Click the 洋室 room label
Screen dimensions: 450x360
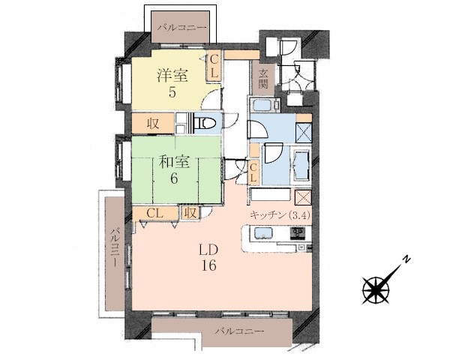[x=172, y=76]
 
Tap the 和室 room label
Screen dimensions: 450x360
[x=175, y=163]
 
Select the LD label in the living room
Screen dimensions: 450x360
[x=209, y=250]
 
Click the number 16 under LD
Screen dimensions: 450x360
[x=208, y=265]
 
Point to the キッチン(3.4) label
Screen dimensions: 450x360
[x=280, y=215]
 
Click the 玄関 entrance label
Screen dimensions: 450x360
[x=263, y=79]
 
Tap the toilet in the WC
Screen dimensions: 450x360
[x=205, y=124]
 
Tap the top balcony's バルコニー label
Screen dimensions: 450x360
[x=182, y=28]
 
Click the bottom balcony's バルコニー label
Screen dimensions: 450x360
[x=239, y=331]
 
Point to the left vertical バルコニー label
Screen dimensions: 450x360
[x=115, y=247]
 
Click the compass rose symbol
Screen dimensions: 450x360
[x=376, y=290]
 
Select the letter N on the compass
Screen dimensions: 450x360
[x=406, y=259]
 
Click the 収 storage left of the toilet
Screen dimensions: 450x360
[x=153, y=124]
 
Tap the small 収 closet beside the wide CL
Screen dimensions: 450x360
[x=190, y=213]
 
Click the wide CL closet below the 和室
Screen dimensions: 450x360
[x=155, y=213]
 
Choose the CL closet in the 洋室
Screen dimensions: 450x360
[x=214, y=67]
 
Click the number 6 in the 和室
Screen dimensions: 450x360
[x=174, y=178]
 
